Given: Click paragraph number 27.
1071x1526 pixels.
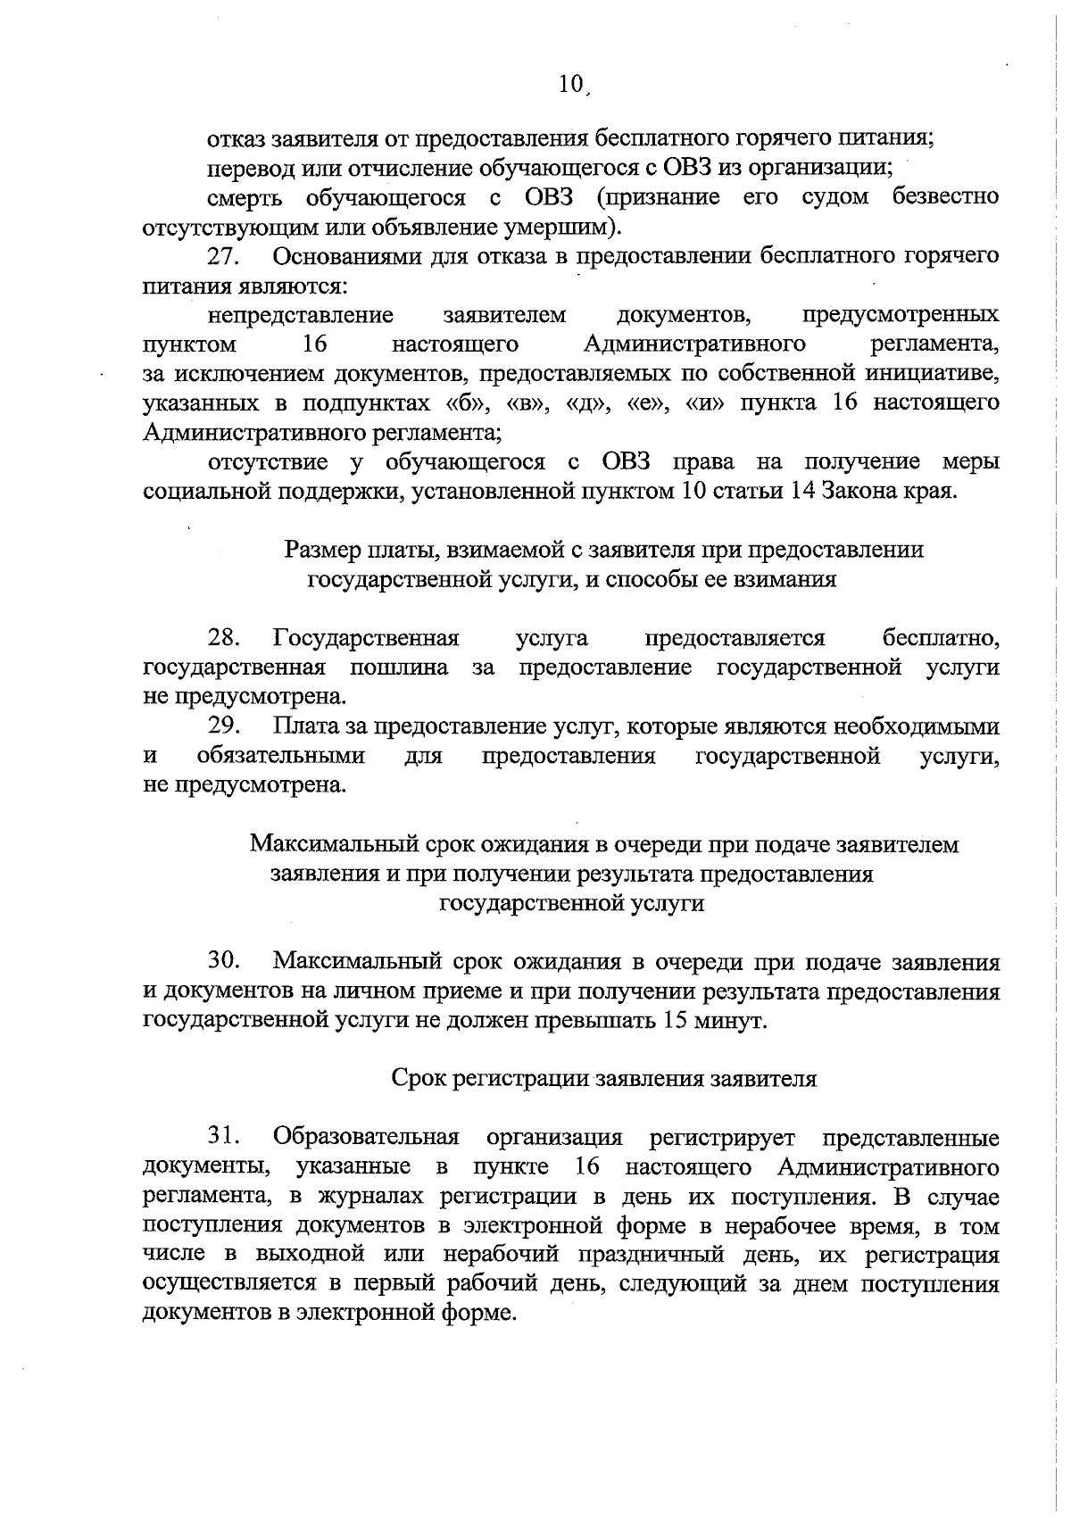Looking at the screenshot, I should click(x=224, y=257).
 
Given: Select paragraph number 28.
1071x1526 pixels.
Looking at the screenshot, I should click(x=224, y=638).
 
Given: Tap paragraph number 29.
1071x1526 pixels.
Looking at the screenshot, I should click(x=224, y=726).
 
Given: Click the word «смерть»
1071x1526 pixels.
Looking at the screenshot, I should click(x=244, y=197).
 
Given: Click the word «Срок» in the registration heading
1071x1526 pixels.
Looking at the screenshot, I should click(x=419, y=1079).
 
